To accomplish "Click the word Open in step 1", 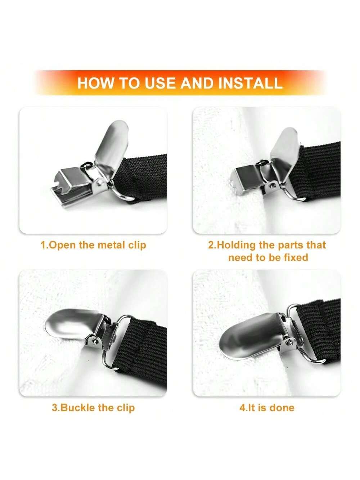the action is click(x=62, y=245).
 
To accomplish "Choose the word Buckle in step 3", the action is click(x=77, y=408).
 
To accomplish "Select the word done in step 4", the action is click(x=282, y=408).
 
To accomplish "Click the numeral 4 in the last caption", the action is click(x=242, y=408).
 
